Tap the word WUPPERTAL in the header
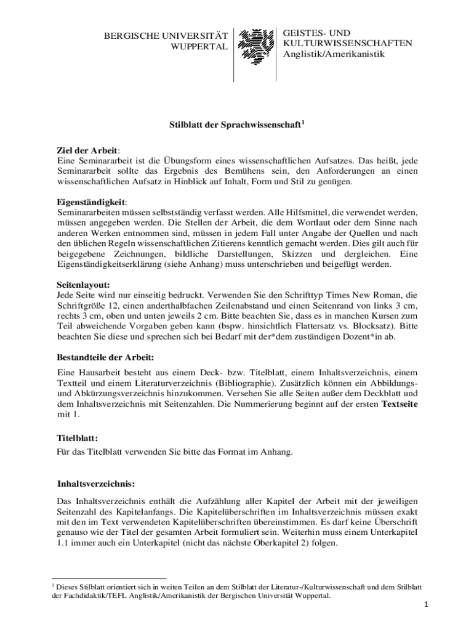coord(198,47)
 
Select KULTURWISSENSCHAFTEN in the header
coord(348,43)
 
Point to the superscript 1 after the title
coord(303,123)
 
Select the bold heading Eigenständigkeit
coord(91,202)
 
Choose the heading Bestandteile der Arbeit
coord(105,357)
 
